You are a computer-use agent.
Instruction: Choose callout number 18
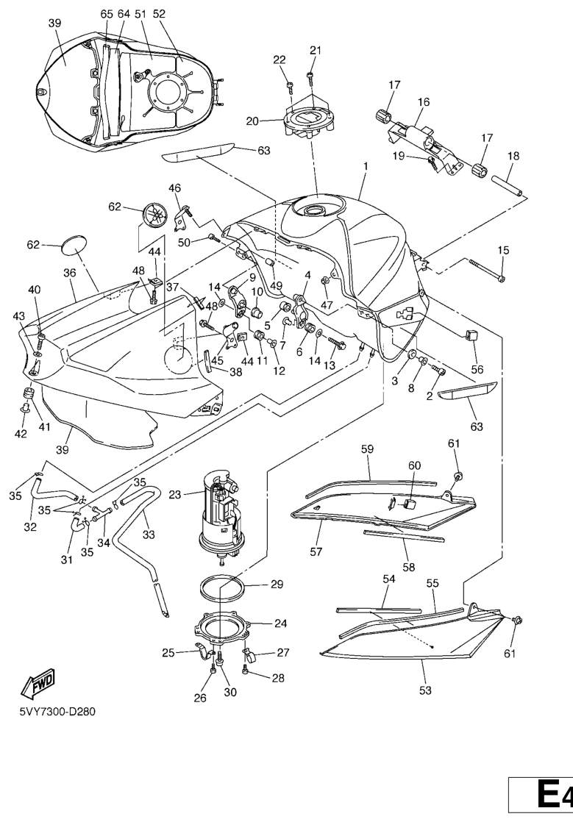pos(513,156)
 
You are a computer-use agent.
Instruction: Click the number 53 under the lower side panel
pos(425,690)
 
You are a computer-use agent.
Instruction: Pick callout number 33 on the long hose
pos(149,535)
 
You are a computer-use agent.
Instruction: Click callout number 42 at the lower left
pos(21,434)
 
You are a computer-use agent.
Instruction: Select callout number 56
pos(477,368)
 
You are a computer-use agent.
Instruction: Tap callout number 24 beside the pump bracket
pos(280,623)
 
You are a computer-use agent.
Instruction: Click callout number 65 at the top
pos(107,14)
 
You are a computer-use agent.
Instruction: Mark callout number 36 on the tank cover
pos(70,273)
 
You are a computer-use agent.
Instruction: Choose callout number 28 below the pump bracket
pos(277,678)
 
